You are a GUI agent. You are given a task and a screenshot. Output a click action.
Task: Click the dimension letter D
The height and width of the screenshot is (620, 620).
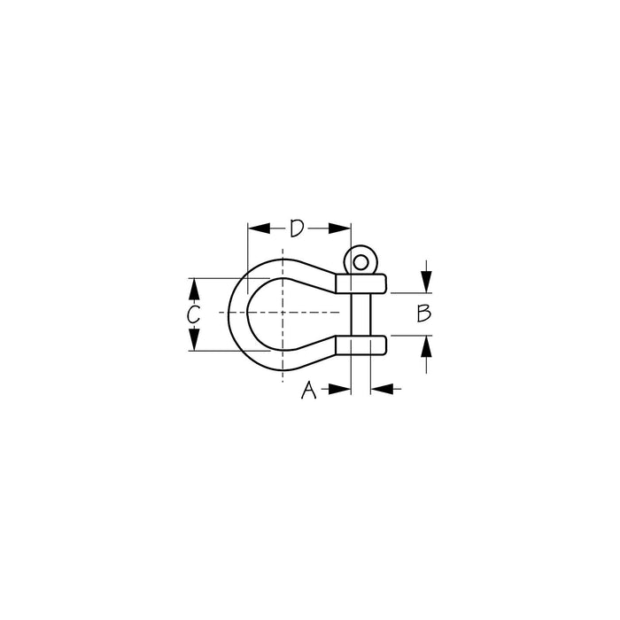tap(297, 229)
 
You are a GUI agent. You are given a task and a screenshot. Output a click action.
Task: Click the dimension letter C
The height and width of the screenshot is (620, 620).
tap(193, 314)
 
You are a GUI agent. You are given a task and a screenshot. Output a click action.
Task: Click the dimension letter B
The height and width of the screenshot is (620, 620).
tap(424, 314)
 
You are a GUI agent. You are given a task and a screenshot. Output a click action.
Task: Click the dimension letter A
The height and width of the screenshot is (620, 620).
tap(308, 390)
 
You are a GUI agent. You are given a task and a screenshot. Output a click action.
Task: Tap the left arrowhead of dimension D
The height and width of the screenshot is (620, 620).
tap(259, 229)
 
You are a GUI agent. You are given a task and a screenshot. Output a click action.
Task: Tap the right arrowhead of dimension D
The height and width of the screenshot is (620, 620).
tap(339, 229)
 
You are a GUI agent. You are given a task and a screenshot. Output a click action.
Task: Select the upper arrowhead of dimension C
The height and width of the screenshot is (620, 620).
tap(193, 289)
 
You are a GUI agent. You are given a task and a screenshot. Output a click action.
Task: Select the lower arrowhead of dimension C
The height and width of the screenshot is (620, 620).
tap(193, 339)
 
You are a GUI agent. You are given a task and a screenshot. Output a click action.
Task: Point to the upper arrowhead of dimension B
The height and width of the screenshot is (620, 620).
tap(426, 282)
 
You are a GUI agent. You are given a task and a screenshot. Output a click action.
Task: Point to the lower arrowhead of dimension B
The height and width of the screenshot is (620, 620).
tap(426, 346)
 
